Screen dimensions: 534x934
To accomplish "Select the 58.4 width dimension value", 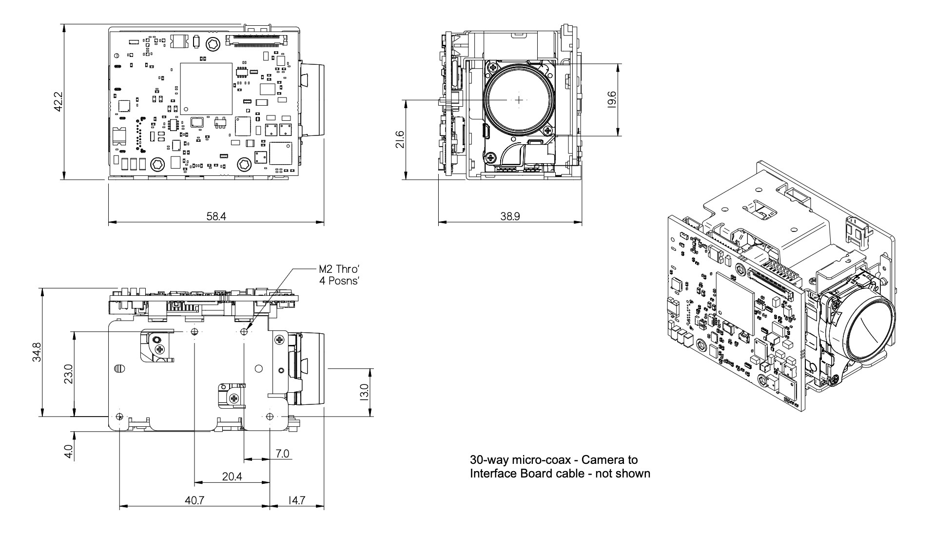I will (216, 216).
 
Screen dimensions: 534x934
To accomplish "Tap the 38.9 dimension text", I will (510, 216).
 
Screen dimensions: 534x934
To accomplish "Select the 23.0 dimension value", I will (68, 374).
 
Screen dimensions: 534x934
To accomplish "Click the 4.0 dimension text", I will (68, 451).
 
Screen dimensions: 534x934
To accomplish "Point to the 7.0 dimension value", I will (282, 454).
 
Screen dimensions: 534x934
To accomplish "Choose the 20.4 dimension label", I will (232, 477).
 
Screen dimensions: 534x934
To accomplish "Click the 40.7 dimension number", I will (195, 500).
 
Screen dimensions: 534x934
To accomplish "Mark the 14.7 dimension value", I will (296, 500).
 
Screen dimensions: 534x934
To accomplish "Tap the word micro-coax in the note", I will (541, 459).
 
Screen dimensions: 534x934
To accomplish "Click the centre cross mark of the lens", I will (519, 100).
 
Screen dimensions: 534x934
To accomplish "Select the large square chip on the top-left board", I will (206, 88).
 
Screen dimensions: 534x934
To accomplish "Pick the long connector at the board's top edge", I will (257, 38).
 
